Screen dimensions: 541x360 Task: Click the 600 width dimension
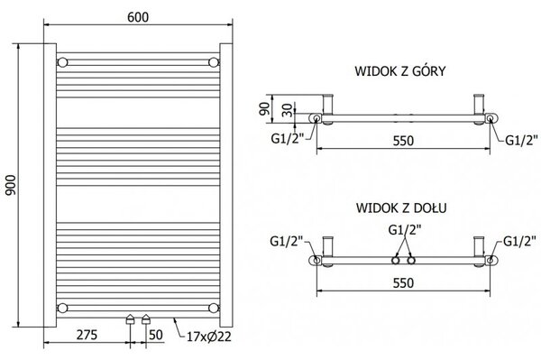click(138, 17)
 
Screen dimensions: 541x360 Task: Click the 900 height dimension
click(11, 185)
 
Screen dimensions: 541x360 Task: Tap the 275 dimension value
click(87, 335)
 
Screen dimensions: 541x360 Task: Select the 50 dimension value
click(156, 335)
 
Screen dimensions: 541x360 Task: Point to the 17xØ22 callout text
click(209, 337)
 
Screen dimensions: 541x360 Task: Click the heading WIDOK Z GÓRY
click(400, 70)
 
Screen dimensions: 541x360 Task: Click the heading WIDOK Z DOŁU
click(401, 208)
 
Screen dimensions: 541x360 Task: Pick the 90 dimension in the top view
click(264, 108)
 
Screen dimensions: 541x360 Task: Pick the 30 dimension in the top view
click(288, 110)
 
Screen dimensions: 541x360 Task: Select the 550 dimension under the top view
click(403, 141)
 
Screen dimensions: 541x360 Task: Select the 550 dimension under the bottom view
click(403, 283)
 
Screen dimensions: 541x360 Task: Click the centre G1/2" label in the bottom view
click(405, 230)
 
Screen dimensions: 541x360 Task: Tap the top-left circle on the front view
click(62, 62)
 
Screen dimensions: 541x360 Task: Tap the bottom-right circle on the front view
click(214, 308)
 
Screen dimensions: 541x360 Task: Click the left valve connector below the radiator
click(130, 319)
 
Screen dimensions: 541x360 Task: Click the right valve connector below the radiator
click(146, 319)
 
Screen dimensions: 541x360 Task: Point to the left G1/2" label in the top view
click(288, 138)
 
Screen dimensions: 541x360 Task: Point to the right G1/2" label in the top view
click(521, 140)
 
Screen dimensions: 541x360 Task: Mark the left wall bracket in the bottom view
click(327, 251)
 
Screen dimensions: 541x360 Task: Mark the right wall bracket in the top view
click(480, 108)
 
